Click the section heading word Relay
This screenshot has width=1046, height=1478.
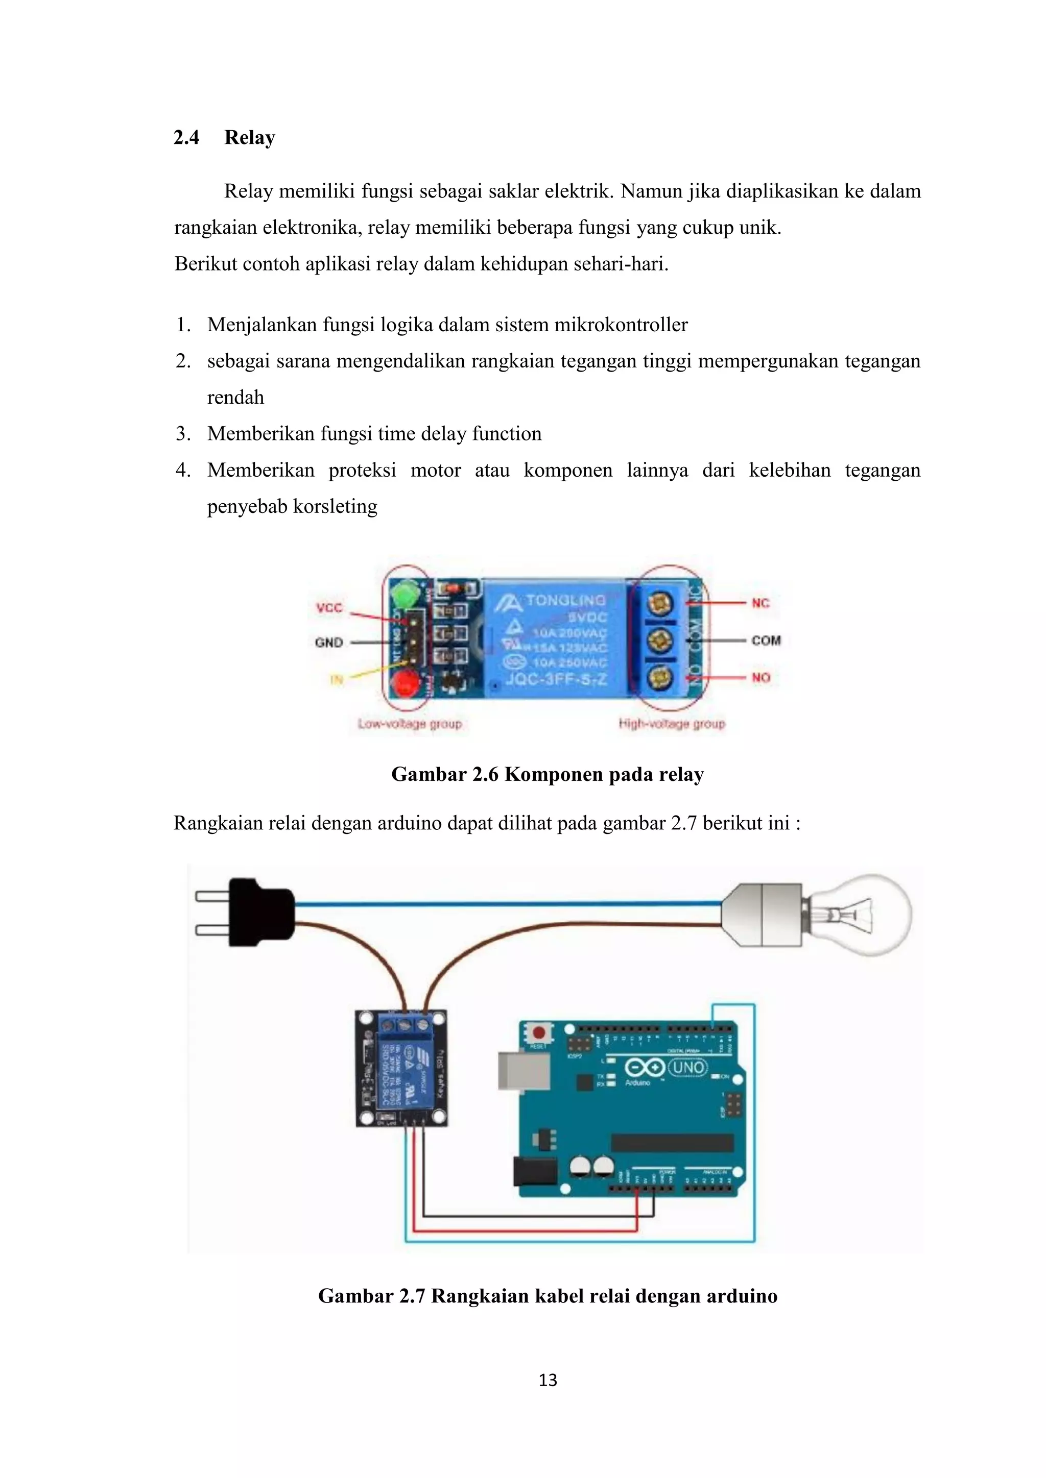[x=249, y=137]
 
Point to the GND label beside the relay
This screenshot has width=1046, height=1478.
[x=328, y=643]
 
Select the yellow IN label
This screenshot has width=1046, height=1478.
[x=336, y=679]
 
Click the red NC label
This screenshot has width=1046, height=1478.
[x=760, y=603]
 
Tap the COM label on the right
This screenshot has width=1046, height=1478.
[x=765, y=641]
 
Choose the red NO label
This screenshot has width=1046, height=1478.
[x=760, y=677]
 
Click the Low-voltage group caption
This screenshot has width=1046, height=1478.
[x=410, y=724]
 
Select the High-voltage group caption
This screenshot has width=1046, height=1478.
[x=671, y=724]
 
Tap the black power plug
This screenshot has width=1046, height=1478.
[x=261, y=913]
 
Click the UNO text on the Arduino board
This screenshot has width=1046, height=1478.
[x=687, y=1067]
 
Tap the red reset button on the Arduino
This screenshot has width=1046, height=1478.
[x=538, y=1033]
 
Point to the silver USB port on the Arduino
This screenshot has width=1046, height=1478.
[x=523, y=1071]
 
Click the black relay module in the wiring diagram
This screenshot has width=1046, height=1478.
[x=401, y=1069]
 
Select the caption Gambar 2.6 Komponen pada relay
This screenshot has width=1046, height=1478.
[x=547, y=774]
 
